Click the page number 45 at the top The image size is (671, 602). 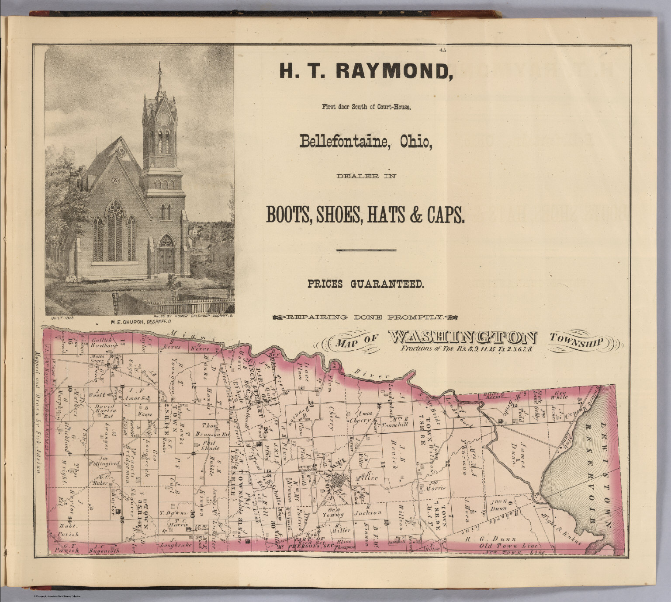(x=443, y=50)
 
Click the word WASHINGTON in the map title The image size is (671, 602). (x=463, y=338)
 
